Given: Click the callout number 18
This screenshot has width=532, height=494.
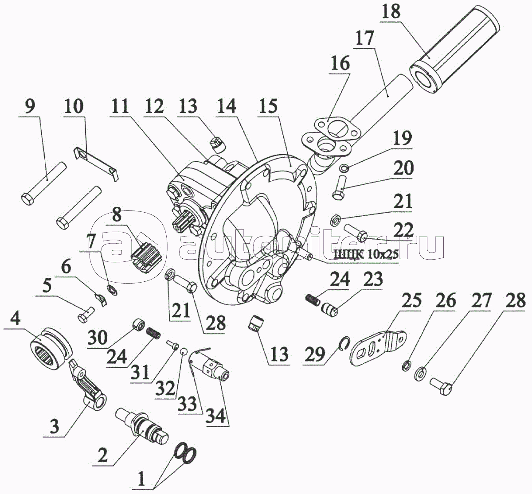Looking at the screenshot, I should point(390,12).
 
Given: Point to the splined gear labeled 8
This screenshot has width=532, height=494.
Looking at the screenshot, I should point(145,253).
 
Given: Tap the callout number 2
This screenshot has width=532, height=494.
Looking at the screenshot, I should point(102,455).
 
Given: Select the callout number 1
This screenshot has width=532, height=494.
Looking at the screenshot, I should point(142,479).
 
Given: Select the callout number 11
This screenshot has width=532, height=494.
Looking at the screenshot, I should point(120,107).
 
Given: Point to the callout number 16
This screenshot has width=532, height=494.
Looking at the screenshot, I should point(340,63).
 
